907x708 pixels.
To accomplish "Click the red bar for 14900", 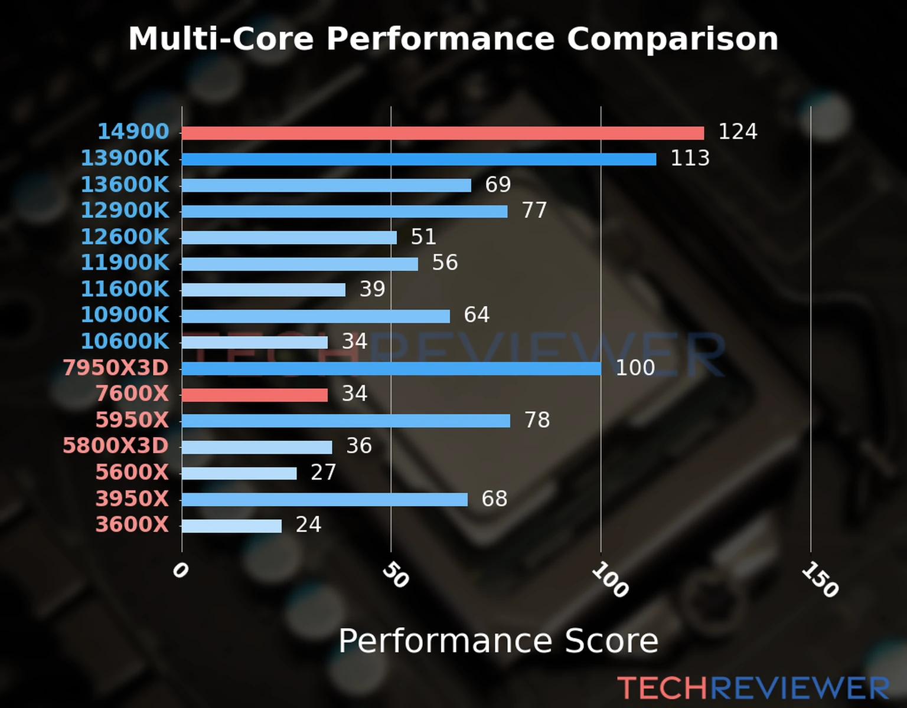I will click(443, 133).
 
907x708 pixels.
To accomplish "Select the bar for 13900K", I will click(419, 159).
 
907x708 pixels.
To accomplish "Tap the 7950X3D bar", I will click(391, 369).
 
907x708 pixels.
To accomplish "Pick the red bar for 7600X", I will click(255, 395).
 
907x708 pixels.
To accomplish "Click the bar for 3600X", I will click(231, 526).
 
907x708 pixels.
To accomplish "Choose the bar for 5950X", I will click(346, 421).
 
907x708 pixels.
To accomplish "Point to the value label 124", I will click(738, 132).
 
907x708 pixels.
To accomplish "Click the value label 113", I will click(690, 158).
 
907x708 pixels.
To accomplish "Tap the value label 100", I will click(635, 368).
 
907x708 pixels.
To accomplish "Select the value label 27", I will click(323, 472).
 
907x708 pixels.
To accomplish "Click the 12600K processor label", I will click(125, 237).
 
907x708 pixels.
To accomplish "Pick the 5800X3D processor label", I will click(116, 445).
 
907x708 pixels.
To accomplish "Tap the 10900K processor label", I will click(125, 314).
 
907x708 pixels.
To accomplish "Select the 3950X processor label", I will click(132, 499).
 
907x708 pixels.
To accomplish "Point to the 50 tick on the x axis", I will click(395, 575).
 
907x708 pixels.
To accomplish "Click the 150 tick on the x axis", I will click(820, 579).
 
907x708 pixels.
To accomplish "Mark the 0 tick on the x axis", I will click(180, 571).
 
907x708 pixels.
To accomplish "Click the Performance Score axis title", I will click(498, 641).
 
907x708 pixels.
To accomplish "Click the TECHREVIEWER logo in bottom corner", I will click(753, 688).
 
